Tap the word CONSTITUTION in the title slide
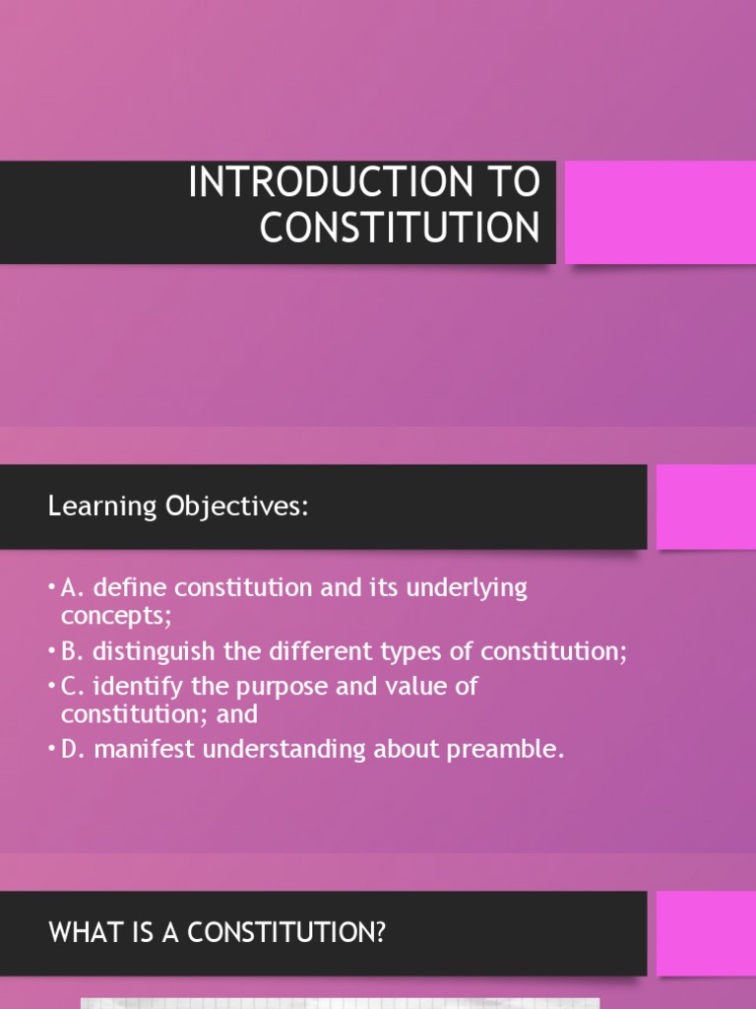(x=400, y=228)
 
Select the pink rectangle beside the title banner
(x=660, y=212)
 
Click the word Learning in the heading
(x=89, y=507)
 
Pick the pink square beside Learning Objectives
(x=706, y=506)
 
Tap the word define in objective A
(x=122, y=588)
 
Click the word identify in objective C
(x=131, y=686)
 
